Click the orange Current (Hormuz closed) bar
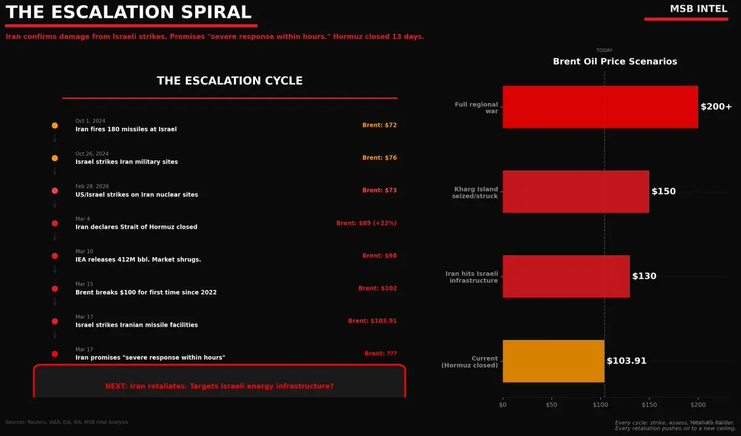pyautogui.click(x=553, y=361)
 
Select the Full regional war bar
pyautogui.click(x=600, y=107)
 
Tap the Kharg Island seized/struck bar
pyautogui.click(x=576, y=192)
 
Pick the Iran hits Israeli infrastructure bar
pyautogui.click(x=566, y=276)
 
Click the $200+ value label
pyautogui.click(x=716, y=107)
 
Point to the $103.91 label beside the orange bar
pyautogui.click(x=626, y=361)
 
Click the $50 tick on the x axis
pyautogui.click(x=551, y=405)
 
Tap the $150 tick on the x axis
pyautogui.click(x=649, y=405)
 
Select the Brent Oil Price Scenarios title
pyautogui.click(x=614, y=62)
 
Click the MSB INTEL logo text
pyautogui.click(x=698, y=9)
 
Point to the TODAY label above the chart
pyautogui.click(x=604, y=51)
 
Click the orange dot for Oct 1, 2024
pyautogui.click(x=55, y=125)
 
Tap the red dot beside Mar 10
pyautogui.click(x=55, y=256)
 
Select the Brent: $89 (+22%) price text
pyautogui.click(x=366, y=223)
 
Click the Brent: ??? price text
pyautogui.click(x=380, y=353)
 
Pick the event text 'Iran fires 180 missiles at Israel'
pyautogui.click(x=126, y=130)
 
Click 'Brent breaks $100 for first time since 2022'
pyautogui.click(x=146, y=292)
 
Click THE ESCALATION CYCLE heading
pyautogui.click(x=230, y=81)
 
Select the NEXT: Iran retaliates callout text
pyautogui.click(x=219, y=386)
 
